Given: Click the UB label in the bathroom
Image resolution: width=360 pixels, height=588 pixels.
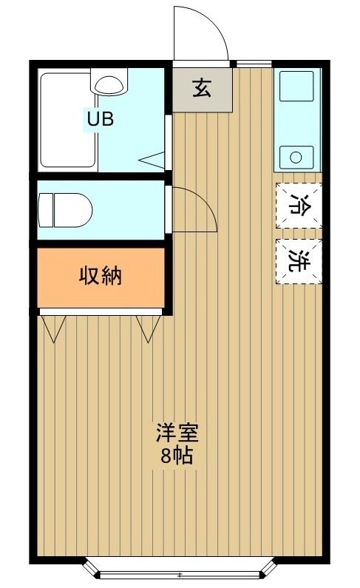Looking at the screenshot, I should click(x=101, y=119).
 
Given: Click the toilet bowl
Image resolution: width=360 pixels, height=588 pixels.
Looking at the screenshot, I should click(x=65, y=209).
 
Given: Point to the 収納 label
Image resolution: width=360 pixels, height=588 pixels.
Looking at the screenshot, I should click(x=101, y=277).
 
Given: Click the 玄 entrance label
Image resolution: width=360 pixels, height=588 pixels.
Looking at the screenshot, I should click(x=202, y=88).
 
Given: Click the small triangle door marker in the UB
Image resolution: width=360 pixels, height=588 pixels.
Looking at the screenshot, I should click(x=152, y=158).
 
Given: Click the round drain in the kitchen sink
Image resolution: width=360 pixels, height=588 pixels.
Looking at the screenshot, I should click(x=296, y=157).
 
